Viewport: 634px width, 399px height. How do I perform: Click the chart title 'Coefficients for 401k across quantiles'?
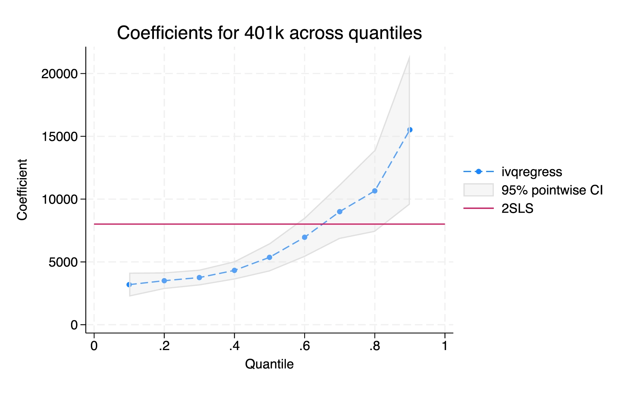tap(269, 33)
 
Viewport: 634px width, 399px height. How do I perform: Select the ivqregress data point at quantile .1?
tap(129, 285)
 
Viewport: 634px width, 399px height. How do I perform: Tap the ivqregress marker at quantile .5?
tap(269, 257)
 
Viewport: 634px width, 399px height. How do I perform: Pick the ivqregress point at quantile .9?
tap(409, 130)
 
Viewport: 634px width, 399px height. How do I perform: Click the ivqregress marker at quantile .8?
tap(374, 191)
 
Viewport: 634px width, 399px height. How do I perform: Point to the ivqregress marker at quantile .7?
tap(340, 212)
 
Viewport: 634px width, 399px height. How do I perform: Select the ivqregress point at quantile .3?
tap(199, 277)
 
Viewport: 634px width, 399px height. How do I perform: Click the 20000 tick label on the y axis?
tap(59, 74)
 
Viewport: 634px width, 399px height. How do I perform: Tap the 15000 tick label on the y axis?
tap(59, 137)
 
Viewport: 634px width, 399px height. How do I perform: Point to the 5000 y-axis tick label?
tap(63, 262)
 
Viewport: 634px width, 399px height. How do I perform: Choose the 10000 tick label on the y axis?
tap(59, 199)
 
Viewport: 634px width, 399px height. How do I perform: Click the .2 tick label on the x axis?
tap(164, 346)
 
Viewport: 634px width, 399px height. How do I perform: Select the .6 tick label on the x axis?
tap(304, 346)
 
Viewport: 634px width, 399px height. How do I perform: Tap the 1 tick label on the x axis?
tap(445, 346)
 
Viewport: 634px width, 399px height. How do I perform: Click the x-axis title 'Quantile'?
tap(269, 364)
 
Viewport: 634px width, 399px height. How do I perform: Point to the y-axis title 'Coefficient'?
tap(22, 190)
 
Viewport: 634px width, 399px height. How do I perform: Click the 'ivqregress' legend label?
tap(532, 172)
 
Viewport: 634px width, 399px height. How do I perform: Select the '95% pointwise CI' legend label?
tap(552, 190)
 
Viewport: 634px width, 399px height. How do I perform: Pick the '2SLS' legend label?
tap(517, 209)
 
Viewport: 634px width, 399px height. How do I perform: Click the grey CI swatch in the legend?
tap(478, 190)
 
